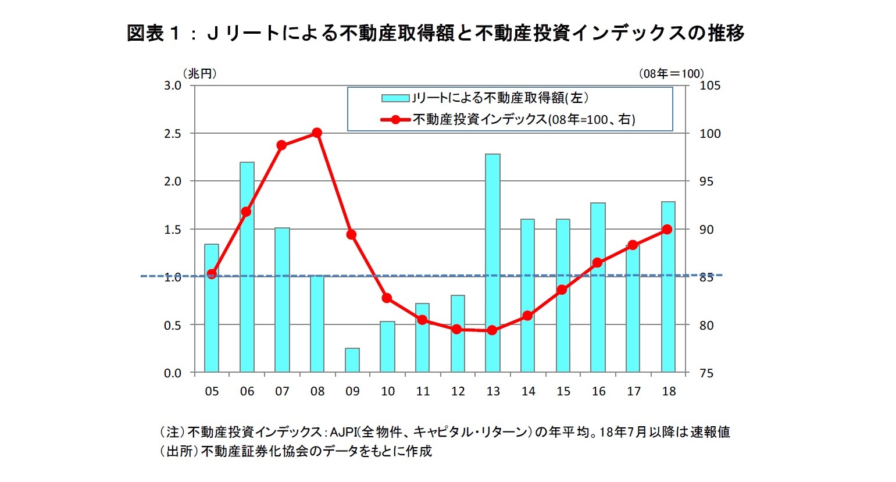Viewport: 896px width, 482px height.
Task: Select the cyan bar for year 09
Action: pyautogui.click(x=352, y=360)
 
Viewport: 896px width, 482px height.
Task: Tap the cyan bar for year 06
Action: pyautogui.click(x=247, y=267)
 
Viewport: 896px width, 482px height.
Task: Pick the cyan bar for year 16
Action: pyautogui.click(x=598, y=287)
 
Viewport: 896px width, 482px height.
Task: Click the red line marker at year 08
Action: pyautogui.click(x=317, y=133)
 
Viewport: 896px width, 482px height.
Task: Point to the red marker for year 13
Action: pyautogui.click(x=492, y=330)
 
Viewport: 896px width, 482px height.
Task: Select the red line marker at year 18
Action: pyautogui.click(x=667, y=229)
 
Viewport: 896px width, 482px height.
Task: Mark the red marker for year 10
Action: pyautogui.click(x=387, y=298)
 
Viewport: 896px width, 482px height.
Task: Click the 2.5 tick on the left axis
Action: pyautogui.click(x=173, y=133)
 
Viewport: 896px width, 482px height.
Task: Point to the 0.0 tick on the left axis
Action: pyautogui.click(x=173, y=373)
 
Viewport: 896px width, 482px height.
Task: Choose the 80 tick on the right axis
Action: pyautogui.click(x=706, y=325)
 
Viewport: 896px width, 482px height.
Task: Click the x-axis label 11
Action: pyautogui.click(x=423, y=391)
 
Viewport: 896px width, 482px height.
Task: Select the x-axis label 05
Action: pyautogui.click(x=212, y=391)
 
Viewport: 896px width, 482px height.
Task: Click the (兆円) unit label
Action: pyautogui.click(x=199, y=73)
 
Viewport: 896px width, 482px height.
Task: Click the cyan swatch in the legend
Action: pyautogui.click(x=395, y=98)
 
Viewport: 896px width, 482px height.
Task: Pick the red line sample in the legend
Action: pyautogui.click(x=395, y=120)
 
